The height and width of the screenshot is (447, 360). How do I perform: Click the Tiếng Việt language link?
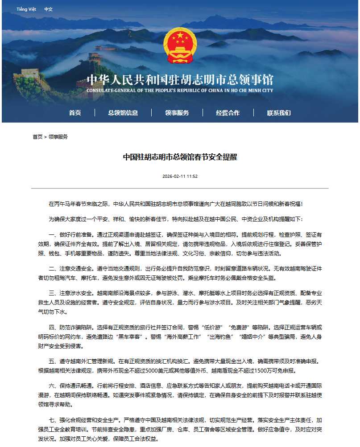(26, 9)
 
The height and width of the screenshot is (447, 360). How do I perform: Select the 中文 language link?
(48, 9)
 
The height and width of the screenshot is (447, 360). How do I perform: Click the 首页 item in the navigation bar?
(75, 113)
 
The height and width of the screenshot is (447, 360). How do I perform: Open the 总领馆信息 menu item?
(123, 113)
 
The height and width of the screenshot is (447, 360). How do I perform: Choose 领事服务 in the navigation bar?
(177, 113)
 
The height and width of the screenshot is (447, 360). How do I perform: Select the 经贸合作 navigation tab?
(228, 113)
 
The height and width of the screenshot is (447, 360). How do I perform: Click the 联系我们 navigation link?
(279, 113)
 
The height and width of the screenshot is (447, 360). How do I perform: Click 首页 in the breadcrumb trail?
(37, 137)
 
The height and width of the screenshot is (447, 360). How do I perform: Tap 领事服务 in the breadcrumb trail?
(58, 137)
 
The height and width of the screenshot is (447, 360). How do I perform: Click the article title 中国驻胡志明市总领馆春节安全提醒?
(180, 157)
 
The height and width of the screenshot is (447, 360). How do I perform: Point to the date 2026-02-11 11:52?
(180, 176)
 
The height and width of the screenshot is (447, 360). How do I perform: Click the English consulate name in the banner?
(180, 90)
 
